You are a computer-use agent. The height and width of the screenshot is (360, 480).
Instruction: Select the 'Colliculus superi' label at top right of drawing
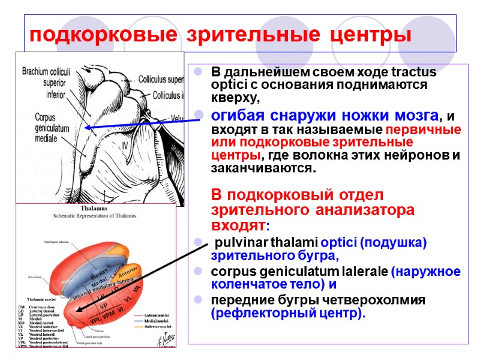[x=160, y=79]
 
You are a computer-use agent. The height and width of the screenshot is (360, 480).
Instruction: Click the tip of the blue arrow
[x=86, y=127]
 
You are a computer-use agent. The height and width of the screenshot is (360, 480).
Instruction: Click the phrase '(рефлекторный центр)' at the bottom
[x=288, y=313]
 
